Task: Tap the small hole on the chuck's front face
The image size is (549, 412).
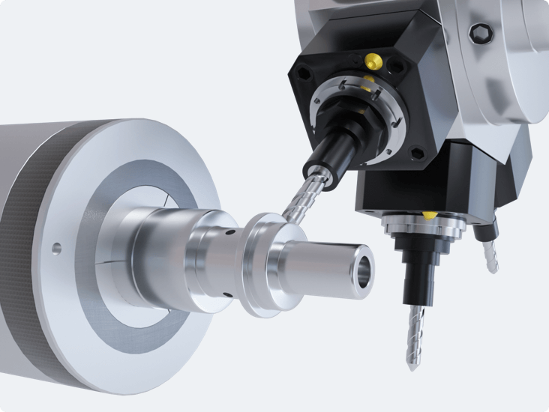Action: click(x=55, y=246)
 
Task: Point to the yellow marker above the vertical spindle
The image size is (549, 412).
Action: click(x=427, y=215)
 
